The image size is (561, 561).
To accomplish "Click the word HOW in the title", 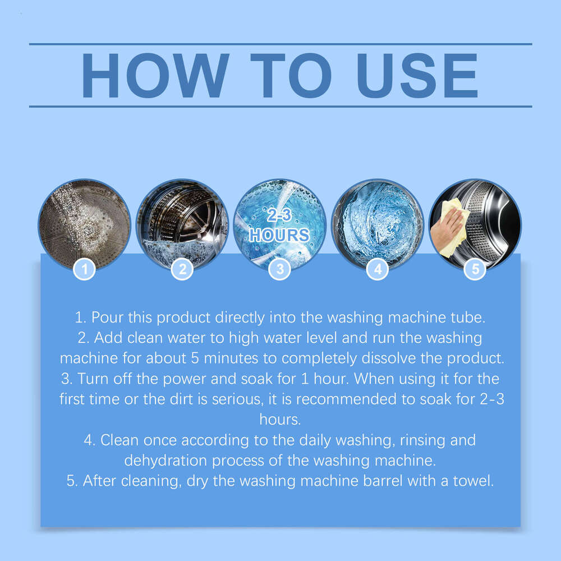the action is (x=155, y=75).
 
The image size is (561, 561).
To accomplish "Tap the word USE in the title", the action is (x=417, y=75).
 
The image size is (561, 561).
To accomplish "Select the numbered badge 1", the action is (x=85, y=269).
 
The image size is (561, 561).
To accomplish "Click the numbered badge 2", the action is (x=182, y=269).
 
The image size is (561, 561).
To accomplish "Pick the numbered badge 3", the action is (x=280, y=269).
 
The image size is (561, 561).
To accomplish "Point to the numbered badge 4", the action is (x=378, y=269).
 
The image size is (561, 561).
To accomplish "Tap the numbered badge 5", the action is (x=475, y=269).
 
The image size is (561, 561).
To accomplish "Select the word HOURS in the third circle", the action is (x=279, y=235).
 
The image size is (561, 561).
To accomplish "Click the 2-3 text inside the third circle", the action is (x=279, y=215).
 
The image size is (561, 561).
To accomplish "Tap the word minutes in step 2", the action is (x=231, y=358).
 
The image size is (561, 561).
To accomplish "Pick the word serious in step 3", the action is (x=238, y=399).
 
